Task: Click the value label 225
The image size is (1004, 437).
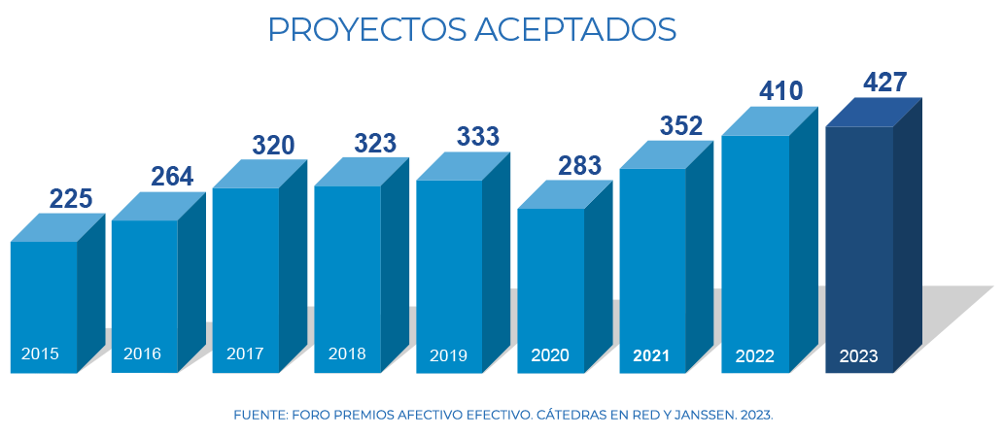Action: point(71,199)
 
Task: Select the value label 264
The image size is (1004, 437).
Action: point(172,177)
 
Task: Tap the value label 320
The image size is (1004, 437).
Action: point(273,146)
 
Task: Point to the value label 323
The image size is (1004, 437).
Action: point(375,144)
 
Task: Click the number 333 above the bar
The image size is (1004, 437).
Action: point(477,137)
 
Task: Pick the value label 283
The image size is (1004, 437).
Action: point(579,165)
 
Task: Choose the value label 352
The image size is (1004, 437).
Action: point(680,125)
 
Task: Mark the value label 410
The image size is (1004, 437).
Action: point(781,91)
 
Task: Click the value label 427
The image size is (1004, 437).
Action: point(885,83)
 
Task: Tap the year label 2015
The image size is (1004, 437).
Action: point(40,353)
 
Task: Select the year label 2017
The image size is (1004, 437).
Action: point(245,353)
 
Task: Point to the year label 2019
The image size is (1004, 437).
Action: point(448,355)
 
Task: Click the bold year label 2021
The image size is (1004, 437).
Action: point(651,356)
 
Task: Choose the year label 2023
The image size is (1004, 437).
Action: point(858,356)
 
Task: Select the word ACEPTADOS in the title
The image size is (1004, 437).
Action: point(574,30)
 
